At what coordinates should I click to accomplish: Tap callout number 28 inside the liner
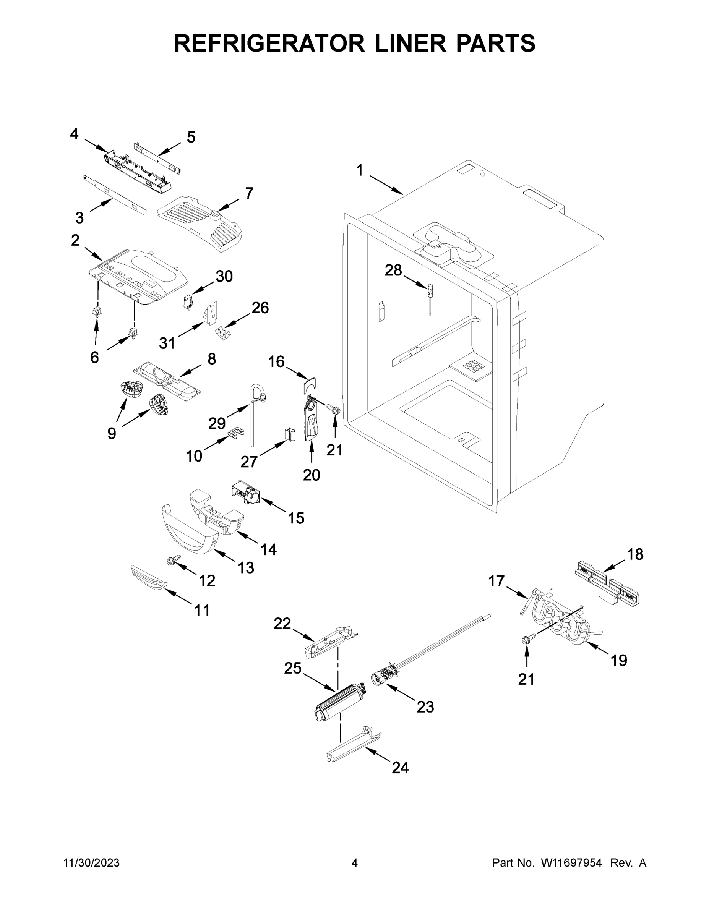tap(393, 271)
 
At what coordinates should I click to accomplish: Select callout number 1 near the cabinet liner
tap(360, 170)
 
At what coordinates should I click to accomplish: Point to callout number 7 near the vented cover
tap(249, 193)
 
